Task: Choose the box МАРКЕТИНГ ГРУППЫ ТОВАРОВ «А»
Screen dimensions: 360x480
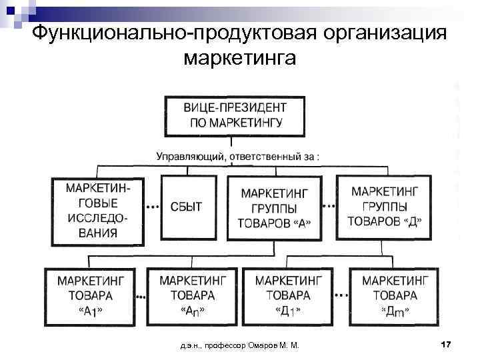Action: (274, 207)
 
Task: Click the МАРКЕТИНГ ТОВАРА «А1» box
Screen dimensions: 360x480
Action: (89, 293)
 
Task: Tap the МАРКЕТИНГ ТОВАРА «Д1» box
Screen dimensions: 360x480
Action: (288, 293)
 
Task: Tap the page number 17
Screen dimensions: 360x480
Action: (446, 344)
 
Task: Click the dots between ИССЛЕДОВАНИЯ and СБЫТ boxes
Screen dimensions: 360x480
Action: (153, 207)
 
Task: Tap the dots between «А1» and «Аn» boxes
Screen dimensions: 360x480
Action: (141, 294)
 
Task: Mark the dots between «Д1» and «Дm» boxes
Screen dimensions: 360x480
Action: (341, 294)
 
